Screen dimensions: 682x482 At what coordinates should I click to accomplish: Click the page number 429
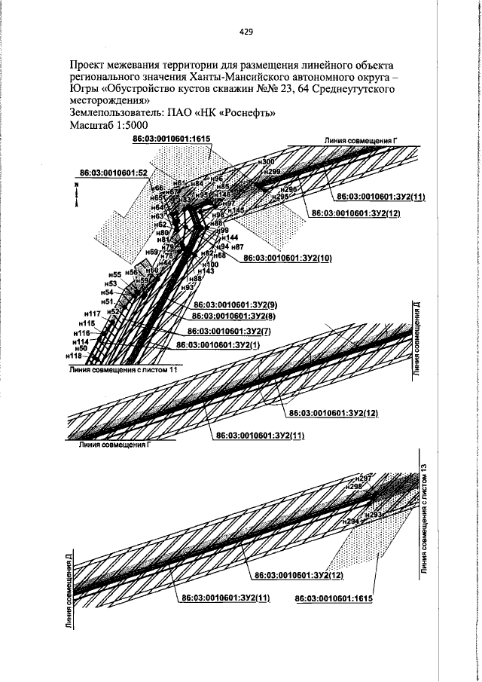[245, 32]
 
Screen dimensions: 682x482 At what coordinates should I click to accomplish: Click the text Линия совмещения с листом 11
[123, 371]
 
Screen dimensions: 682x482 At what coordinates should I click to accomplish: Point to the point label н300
[266, 163]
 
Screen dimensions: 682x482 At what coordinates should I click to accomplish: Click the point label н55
[114, 274]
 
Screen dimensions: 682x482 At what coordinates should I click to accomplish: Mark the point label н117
[93, 313]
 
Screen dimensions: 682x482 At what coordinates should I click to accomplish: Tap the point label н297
[364, 479]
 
